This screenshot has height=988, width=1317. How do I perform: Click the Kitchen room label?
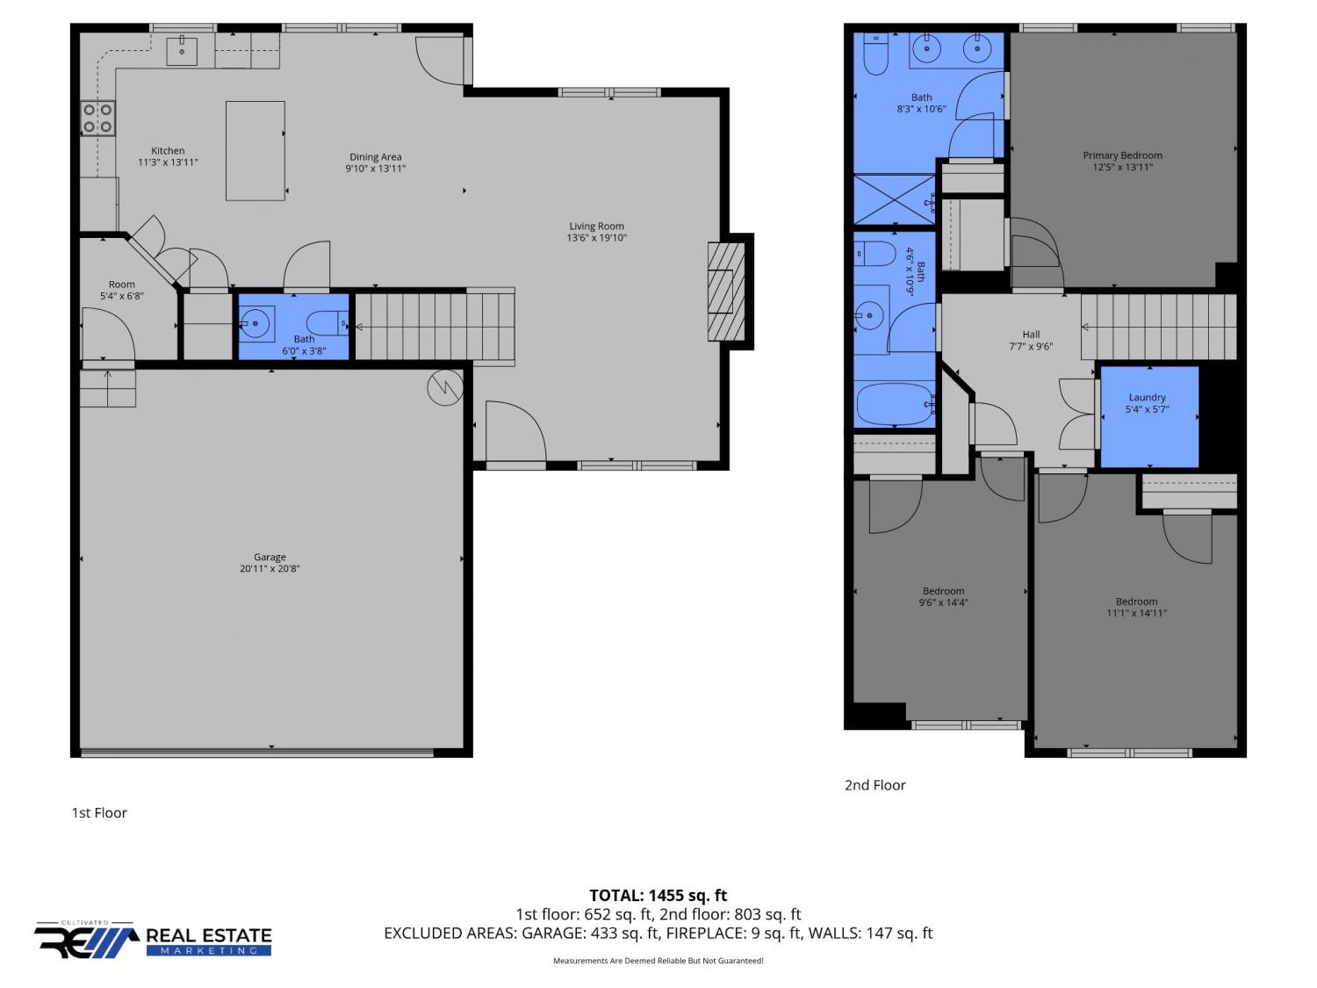coord(168,150)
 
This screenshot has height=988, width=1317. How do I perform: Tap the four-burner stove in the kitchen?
coord(97,119)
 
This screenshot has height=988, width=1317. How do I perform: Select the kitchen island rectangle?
coord(255,150)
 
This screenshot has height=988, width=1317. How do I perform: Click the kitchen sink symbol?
coord(181,50)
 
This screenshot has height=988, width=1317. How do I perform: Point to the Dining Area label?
coord(376,157)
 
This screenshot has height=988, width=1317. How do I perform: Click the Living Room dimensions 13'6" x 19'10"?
coord(596,237)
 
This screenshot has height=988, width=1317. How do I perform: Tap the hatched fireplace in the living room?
coord(727,292)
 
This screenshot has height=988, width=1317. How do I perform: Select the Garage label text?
coord(270,557)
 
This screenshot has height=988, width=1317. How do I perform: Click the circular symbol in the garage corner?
coord(445,387)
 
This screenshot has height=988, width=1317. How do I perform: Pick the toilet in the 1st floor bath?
coord(327,323)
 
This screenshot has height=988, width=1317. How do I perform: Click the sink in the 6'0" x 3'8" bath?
coord(256,323)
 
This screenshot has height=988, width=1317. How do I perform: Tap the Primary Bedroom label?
coord(1122,155)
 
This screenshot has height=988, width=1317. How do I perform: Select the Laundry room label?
coord(1147,397)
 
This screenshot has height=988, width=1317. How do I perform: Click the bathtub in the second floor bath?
coord(895,404)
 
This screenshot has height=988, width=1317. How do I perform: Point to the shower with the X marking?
coord(894,199)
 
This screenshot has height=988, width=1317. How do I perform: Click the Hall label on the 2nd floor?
coord(1031,335)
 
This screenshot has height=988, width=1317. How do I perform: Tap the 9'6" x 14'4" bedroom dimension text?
coord(943,602)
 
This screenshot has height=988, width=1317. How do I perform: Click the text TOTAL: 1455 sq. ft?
coord(658,895)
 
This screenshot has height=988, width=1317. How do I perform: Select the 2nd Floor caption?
coord(874,784)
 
